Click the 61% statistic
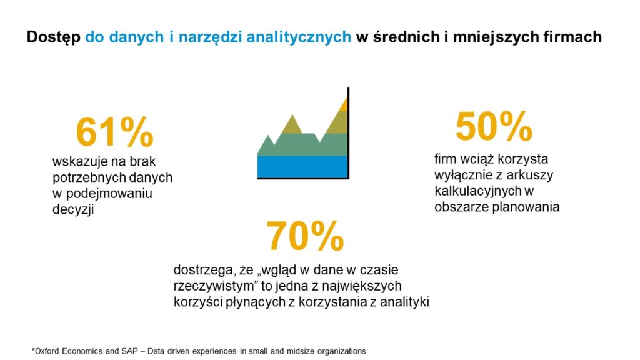(x=114, y=132)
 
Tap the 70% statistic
(x=305, y=236)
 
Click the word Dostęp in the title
(x=53, y=37)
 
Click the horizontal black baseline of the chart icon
(x=302, y=178)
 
